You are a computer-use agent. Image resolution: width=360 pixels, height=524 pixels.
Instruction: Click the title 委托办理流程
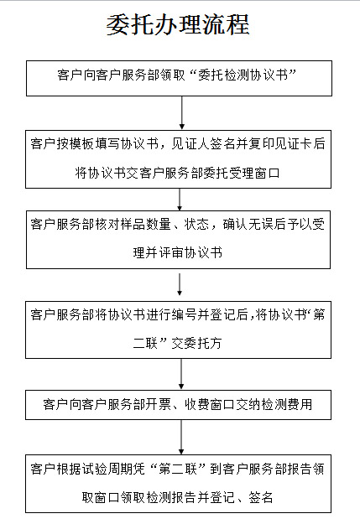[x=178, y=25]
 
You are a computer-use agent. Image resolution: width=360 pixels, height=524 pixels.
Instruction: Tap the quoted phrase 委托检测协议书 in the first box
[x=243, y=75]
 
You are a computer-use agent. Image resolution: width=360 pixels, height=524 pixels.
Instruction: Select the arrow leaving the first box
[x=181, y=112]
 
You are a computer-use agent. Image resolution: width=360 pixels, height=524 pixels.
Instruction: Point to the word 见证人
[x=190, y=143]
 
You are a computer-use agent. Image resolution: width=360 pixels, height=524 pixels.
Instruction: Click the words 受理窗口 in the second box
[x=254, y=173]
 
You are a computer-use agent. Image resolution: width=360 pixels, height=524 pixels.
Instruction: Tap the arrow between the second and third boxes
[x=180, y=200]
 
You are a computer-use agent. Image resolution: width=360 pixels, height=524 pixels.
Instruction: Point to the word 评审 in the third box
[x=171, y=253]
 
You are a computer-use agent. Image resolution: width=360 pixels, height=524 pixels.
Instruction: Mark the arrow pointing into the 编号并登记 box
[x=180, y=284]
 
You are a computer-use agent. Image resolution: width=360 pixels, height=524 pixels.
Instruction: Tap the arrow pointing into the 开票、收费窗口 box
[x=181, y=374]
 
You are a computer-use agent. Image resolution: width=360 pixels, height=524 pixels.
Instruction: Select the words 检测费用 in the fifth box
[x=286, y=405]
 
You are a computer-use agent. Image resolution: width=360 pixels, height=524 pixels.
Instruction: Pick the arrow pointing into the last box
[x=181, y=437]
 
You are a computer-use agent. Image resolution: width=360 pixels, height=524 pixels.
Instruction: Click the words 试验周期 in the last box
[x=107, y=470]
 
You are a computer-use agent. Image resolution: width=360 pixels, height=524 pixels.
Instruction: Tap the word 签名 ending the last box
[x=261, y=498]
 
